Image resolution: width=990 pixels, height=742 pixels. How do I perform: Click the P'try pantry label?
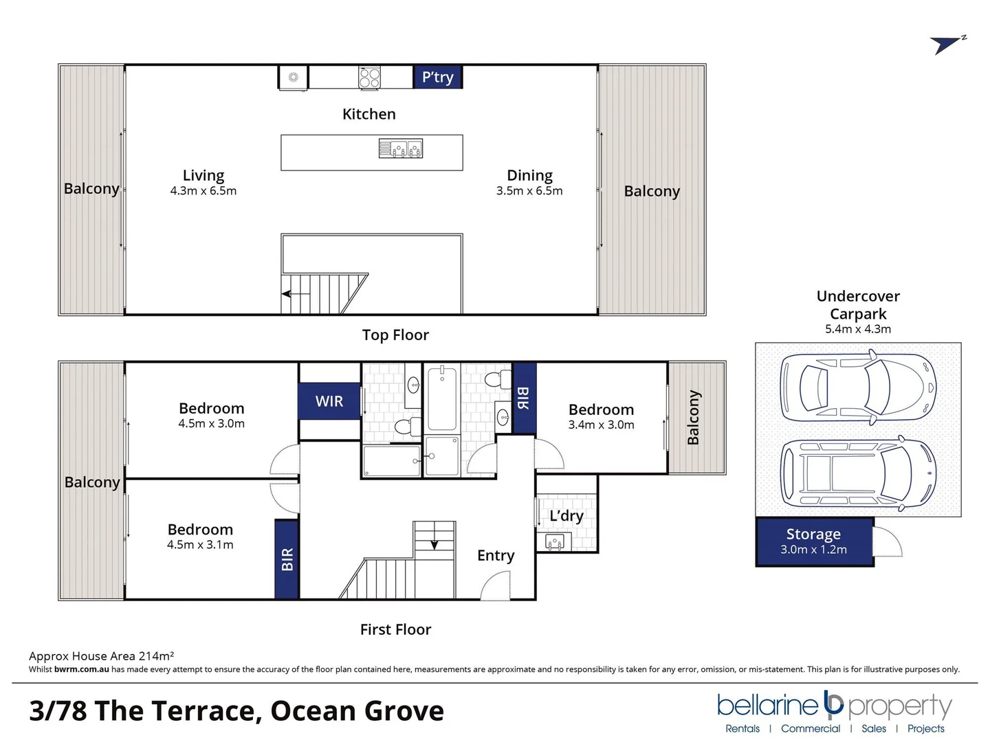(437, 77)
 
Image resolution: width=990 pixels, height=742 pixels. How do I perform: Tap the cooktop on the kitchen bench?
(369, 78)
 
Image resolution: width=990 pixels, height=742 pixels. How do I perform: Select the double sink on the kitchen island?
(401, 148)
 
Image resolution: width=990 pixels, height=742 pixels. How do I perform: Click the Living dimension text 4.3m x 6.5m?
(203, 191)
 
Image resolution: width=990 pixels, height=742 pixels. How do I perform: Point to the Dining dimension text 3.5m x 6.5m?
(529, 191)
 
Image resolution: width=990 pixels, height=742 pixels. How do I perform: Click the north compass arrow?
(947, 45)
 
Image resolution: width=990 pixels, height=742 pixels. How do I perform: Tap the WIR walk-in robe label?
(329, 401)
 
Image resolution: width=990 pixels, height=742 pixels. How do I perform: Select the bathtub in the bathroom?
(441, 398)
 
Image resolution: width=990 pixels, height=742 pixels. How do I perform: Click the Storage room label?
(813, 534)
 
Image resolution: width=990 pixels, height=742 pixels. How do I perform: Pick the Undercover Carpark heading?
(858, 305)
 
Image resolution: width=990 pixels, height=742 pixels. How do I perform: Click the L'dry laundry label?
(566, 516)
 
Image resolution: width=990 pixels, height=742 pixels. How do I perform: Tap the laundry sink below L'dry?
(554, 542)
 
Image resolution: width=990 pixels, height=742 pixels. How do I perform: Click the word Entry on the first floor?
(496, 555)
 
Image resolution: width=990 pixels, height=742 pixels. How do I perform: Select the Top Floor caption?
(395, 335)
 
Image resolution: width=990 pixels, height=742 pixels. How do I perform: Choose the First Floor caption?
(395, 629)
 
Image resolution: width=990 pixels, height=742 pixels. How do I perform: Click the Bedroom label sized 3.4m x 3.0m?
(601, 409)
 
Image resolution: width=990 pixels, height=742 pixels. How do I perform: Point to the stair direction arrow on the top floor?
(295, 294)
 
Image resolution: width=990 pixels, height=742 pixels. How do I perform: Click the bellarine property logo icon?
(833, 703)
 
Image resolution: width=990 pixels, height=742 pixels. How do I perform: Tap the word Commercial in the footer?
(811, 728)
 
